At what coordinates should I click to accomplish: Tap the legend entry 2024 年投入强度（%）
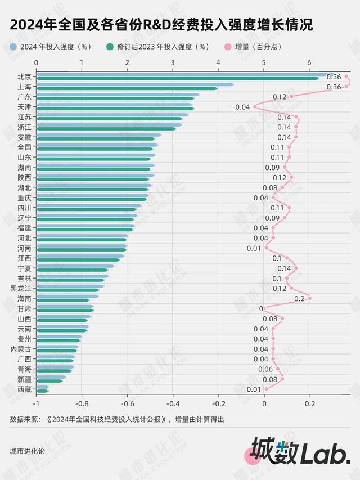tap(54, 47)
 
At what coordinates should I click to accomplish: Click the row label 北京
tap(24, 77)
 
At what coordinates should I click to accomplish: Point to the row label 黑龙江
tap(21, 288)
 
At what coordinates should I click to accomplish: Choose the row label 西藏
tap(24, 389)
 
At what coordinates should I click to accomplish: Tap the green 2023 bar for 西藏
tap(42, 391)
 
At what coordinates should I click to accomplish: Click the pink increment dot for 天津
tap(255, 106)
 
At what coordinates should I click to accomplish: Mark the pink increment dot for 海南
tap(309, 298)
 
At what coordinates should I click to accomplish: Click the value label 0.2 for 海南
tap(299, 298)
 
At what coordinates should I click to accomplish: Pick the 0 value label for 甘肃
tap(261, 308)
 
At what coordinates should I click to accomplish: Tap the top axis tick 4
tap(218, 62)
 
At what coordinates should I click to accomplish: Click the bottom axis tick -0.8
tap(82, 403)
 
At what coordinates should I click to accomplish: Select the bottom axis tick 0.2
tap(310, 403)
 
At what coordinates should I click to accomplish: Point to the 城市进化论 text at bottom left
tap(27, 451)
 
